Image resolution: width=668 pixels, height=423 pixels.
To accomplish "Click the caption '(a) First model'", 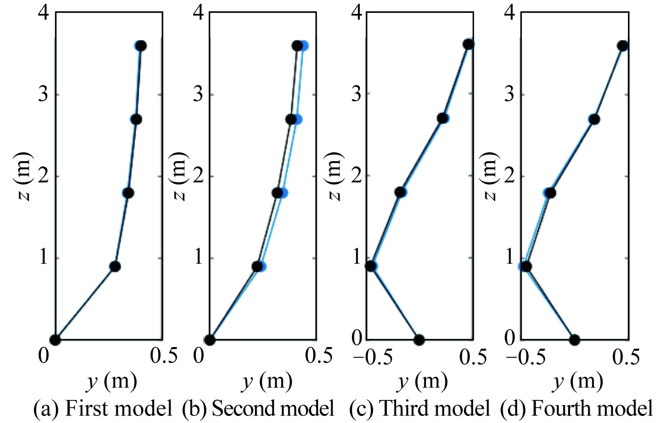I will pyautogui.click(x=103, y=408).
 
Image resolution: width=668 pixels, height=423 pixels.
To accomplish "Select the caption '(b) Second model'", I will pyautogui.click(x=259, y=408).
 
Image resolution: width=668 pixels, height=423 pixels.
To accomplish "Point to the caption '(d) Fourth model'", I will pyautogui.click(x=577, y=408).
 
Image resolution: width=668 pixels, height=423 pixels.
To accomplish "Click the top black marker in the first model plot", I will pyautogui.click(x=141, y=46).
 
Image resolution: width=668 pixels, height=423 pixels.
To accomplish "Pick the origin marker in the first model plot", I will pyautogui.click(x=56, y=340).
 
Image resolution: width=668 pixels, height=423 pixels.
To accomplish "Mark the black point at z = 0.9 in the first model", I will pyautogui.click(x=115, y=266).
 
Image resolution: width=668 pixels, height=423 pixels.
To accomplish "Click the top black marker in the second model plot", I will pyautogui.click(x=297, y=46).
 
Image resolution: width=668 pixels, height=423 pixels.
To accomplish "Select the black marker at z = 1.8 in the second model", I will pyautogui.click(x=277, y=193).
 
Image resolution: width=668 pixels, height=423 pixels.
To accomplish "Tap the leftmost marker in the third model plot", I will pyautogui.click(x=371, y=266).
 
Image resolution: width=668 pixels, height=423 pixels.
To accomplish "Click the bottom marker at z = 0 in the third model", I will pyautogui.click(x=419, y=340).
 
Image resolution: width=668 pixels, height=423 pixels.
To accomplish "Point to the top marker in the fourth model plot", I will pyautogui.click(x=622, y=46).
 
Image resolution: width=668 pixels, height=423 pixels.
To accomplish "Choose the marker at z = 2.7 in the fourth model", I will pyautogui.click(x=594, y=119).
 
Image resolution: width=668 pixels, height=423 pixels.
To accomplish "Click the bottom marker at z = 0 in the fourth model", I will pyautogui.click(x=574, y=340).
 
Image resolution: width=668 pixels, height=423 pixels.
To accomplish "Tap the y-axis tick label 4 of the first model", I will pyautogui.click(x=43, y=13).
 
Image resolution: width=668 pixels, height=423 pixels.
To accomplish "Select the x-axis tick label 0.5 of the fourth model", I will pyautogui.click(x=625, y=357).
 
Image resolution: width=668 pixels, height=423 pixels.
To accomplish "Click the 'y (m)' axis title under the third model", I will pyautogui.click(x=422, y=382).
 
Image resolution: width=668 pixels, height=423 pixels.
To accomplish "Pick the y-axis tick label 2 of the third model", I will pyautogui.click(x=358, y=176).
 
